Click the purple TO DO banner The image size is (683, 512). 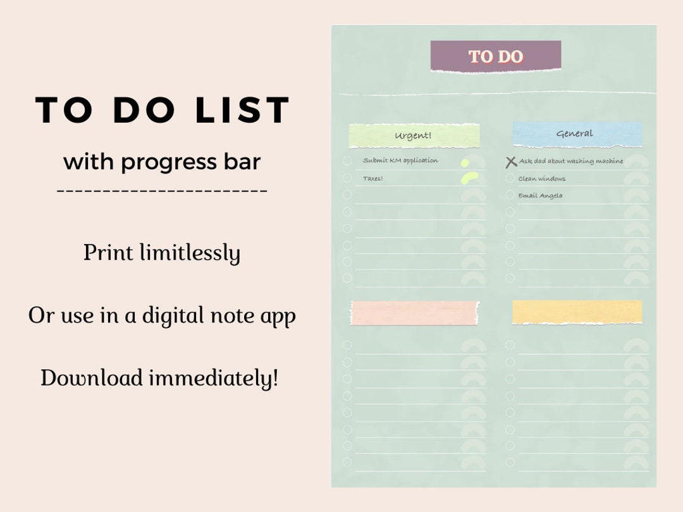pos(496,56)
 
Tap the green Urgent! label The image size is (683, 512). pos(414,135)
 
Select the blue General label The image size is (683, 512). pos(577,133)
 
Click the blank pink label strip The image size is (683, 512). pos(414,312)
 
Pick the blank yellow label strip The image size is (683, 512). pos(577,312)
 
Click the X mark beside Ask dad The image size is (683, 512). pos(511,162)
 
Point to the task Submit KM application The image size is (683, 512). pos(400,161)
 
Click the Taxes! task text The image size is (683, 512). pos(373,179)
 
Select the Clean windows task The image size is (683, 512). pos(542,179)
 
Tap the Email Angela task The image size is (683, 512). pos(541,196)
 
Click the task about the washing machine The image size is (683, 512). pos(571,161)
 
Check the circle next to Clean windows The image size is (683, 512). pos(510,178)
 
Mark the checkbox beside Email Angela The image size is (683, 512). pos(510,195)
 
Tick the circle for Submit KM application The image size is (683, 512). pos(347,161)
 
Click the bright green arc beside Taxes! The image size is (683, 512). pos(469,178)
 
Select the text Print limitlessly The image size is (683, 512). pos(162,253)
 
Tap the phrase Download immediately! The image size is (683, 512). pos(159,378)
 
